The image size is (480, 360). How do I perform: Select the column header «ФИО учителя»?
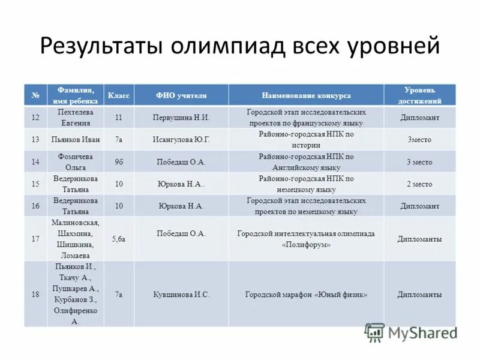tap(181, 95)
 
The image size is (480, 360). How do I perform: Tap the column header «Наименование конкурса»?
tap(306, 95)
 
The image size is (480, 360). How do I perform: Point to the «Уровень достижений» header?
tap(419, 95)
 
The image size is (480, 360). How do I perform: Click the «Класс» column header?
tap(118, 95)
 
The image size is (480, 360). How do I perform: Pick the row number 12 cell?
tap(35, 118)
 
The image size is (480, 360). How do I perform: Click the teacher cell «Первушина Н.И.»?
tap(181, 118)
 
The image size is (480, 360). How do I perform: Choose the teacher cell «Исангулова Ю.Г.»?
tap(181, 140)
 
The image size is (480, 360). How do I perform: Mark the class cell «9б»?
tap(118, 161)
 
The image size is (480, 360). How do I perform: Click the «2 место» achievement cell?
tap(419, 184)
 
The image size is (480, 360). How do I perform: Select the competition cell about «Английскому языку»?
tap(306, 162)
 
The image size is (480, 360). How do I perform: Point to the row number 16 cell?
tap(35, 206)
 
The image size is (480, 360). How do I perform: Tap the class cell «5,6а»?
tap(118, 239)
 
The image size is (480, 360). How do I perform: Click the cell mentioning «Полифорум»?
tap(306, 239)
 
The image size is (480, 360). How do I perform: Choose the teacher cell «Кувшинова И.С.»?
tap(181, 295)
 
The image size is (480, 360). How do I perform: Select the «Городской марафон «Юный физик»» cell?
tap(306, 295)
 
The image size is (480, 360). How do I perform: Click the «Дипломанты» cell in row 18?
tap(419, 295)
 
